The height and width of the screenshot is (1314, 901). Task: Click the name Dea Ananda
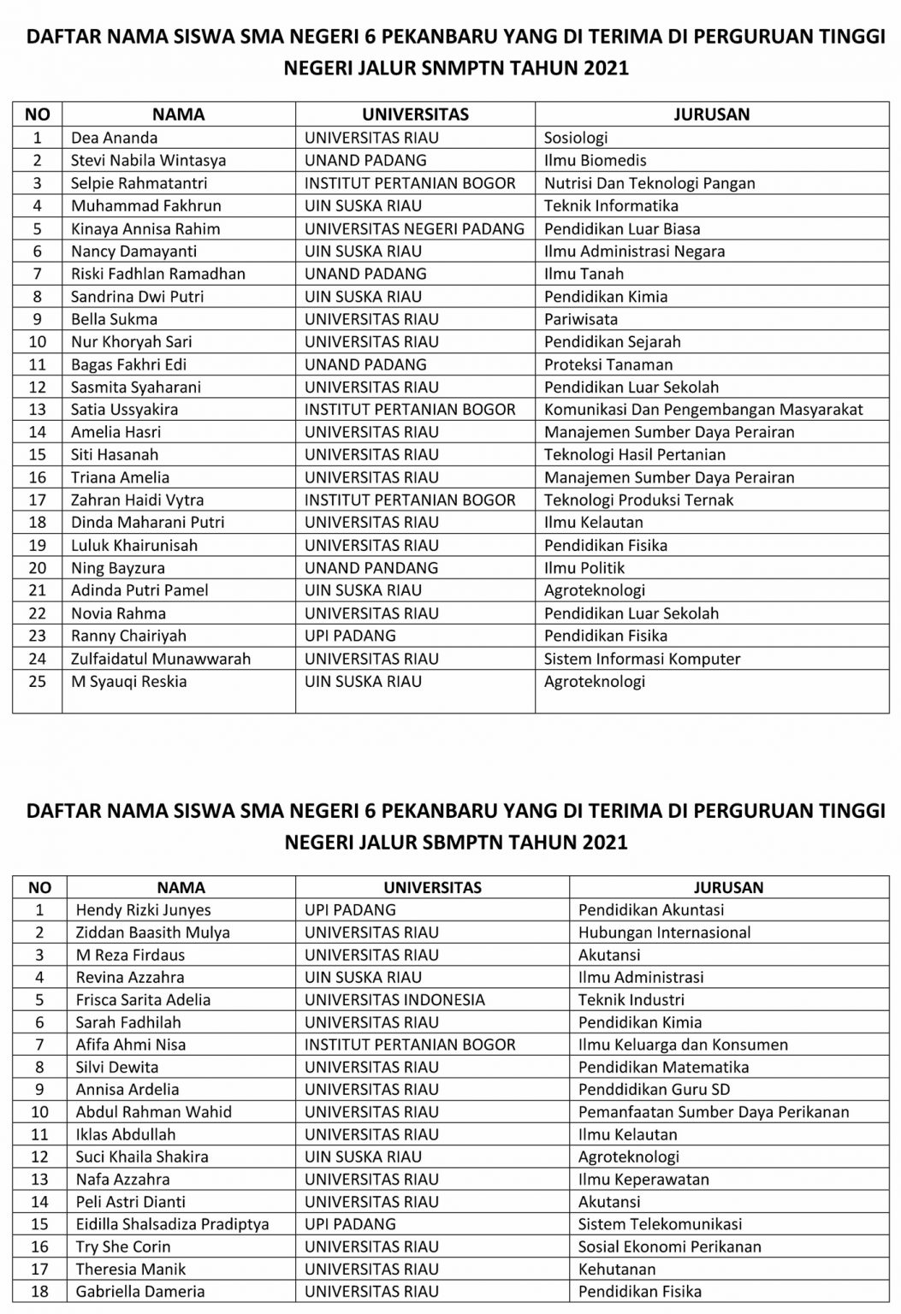point(114,138)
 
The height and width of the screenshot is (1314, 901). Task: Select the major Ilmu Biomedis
point(595,160)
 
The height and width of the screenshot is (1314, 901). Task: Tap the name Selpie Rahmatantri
point(139,183)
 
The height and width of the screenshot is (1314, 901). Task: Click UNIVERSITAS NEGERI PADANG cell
point(414,228)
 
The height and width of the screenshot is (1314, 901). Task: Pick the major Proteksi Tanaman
point(608,364)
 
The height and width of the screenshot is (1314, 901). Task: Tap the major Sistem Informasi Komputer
point(642,659)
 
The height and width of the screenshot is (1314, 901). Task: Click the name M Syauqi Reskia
point(128,682)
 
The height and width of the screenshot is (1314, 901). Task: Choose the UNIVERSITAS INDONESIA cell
point(394,1000)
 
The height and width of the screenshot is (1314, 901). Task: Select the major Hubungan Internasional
point(664,932)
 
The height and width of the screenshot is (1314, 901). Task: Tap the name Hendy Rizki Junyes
point(143,910)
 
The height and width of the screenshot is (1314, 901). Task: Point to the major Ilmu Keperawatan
point(643,1180)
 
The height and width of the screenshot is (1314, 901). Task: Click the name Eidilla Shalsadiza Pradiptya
point(172,1224)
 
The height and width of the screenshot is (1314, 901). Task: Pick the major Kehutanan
point(616,1270)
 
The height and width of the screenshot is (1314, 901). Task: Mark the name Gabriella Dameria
point(139,1292)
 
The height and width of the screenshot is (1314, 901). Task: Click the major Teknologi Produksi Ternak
point(638,500)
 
